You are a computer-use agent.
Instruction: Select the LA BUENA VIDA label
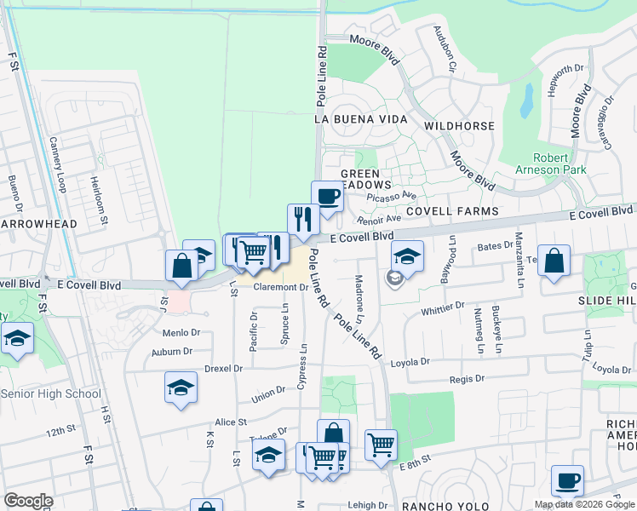click(361, 119)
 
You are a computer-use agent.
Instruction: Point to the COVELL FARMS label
click(451, 210)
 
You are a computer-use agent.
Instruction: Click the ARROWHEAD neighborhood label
click(37, 224)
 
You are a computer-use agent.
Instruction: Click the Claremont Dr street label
click(279, 288)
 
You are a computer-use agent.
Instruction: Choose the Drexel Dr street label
click(223, 369)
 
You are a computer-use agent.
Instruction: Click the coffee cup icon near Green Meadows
click(327, 197)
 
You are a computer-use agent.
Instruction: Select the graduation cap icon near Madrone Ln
click(408, 255)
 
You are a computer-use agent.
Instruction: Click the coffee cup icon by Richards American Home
click(567, 481)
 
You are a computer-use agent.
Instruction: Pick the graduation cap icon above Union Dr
click(181, 388)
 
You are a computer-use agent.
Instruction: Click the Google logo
click(29, 501)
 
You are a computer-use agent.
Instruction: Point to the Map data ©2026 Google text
click(584, 504)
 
